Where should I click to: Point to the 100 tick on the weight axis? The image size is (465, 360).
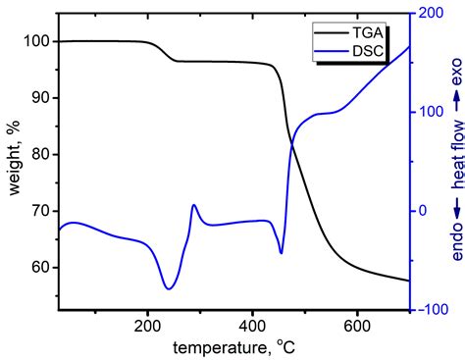click(x=33, y=41)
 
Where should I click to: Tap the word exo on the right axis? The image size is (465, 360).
click(x=455, y=69)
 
